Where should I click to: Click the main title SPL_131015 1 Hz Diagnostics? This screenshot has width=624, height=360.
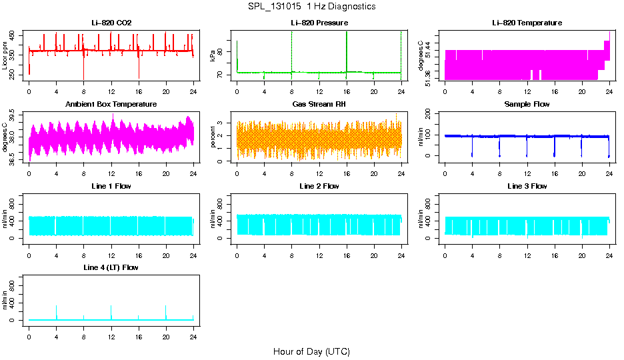(311, 7)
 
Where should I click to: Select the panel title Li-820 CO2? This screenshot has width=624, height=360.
(111, 23)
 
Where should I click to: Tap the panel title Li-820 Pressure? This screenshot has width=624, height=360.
(319, 23)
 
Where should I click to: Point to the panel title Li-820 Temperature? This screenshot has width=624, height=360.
(527, 23)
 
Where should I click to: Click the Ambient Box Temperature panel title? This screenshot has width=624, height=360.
(111, 105)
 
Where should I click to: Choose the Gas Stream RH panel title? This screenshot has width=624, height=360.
(319, 105)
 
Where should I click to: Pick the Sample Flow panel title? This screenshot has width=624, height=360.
(527, 105)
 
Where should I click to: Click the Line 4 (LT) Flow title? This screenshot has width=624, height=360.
(111, 267)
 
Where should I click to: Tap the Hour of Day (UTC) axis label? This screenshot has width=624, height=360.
(311, 351)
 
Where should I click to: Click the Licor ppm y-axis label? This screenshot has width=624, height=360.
(6, 55)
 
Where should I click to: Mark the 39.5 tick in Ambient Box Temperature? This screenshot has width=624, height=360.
(15, 115)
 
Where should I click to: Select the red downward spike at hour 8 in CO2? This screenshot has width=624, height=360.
(84, 70)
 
